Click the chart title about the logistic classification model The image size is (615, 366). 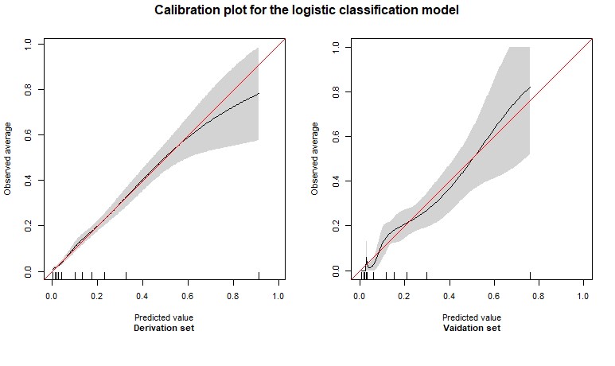(x=307, y=11)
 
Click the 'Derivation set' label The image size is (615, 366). (x=165, y=328)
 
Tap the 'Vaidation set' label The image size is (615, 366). (x=473, y=328)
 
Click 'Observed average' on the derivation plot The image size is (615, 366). (x=8, y=158)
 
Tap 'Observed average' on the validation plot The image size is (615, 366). (x=316, y=158)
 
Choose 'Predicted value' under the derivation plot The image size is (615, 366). (x=165, y=317)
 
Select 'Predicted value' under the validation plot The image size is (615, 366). (x=473, y=317)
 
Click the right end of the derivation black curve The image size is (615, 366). (x=259, y=94)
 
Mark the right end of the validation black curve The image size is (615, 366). (x=530, y=87)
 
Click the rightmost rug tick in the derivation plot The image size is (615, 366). (x=259, y=275)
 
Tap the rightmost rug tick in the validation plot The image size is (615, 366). (x=530, y=275)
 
